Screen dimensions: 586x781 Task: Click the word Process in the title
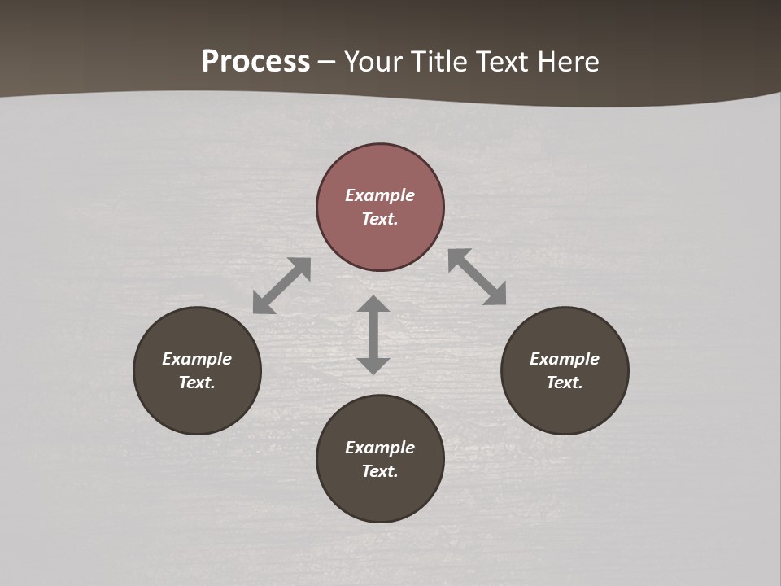(255, 62)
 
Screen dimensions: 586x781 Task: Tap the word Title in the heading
(438, 62)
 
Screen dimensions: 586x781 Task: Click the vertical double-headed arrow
(373, 335)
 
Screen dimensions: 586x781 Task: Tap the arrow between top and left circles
(281, 286)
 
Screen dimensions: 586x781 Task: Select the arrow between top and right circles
(478, 277)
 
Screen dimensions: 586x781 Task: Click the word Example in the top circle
(380, 195)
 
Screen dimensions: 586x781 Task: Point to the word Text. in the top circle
(380, 219)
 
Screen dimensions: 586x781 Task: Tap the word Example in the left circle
(197, 359)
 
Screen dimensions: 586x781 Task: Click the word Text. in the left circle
(197, 383)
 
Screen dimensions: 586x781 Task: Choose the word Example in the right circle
(565, 359)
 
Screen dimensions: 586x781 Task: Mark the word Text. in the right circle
(565, 383)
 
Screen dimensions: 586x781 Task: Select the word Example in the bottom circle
(380, 448)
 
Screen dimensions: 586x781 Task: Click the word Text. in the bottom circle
(380, 471)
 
